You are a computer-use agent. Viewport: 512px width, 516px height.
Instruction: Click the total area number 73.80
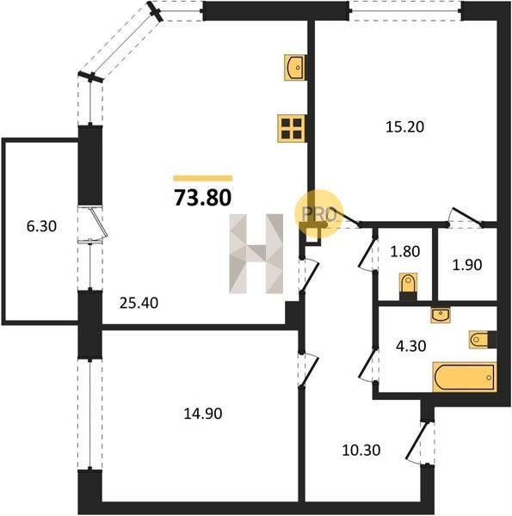pyautogui.click(x=202, y=198)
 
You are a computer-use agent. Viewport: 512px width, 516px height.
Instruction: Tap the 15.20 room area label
pyautogui.click(x=404, y=126)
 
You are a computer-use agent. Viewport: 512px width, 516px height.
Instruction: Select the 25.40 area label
pyautogui.click(x=139, y=303)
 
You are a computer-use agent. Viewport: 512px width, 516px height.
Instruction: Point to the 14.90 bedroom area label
pyautogui.click(x=202, y=414)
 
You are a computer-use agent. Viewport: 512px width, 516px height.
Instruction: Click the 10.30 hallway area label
pyautogui.click(x=361, y=450)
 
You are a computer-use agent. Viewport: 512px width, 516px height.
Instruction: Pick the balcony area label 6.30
pyautogui.click(x=41, y=226)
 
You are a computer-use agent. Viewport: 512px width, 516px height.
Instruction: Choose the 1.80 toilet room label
pyautogui.click(x=405, y=251)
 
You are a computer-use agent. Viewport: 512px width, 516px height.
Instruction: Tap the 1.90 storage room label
pyautogui.click(x=467, y=265)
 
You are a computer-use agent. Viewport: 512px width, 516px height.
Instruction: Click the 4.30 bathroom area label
pyautogui.click(x=411, y=346)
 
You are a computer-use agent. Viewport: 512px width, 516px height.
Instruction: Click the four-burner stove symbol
pyautogui.click(x=292, y=128)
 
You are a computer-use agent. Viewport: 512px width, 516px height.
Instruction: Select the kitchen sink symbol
pyautogui.click(x=294, y=67)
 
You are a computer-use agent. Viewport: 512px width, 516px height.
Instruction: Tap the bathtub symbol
pyautogui.click(x=465, y=378)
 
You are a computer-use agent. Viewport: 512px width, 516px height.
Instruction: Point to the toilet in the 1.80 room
pyautogui.click(x=408, y=286)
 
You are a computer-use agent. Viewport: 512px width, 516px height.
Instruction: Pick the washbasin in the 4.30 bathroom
pyautogui.click(x=441, y=315)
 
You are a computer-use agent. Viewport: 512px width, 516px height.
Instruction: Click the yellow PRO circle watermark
pyautogui.click(x=318, y=214)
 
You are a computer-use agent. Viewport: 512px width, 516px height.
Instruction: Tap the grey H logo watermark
pyautogui.click(x=256, y=254)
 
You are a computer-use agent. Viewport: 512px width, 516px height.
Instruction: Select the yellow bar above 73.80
pyautogui.click(x=203, y=178)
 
